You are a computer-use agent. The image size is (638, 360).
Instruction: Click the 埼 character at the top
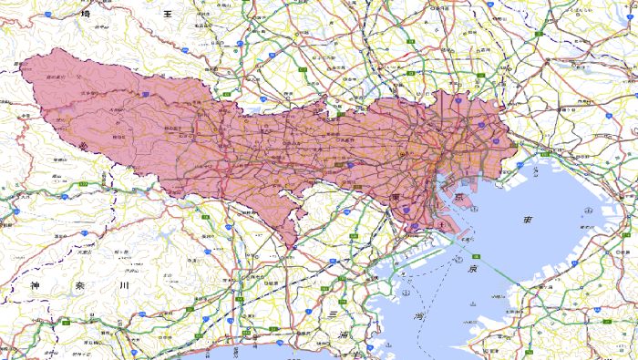point(86,14)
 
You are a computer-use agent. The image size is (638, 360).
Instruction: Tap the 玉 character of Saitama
point(168,14)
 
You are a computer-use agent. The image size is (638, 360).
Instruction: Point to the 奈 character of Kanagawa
point(78,286)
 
